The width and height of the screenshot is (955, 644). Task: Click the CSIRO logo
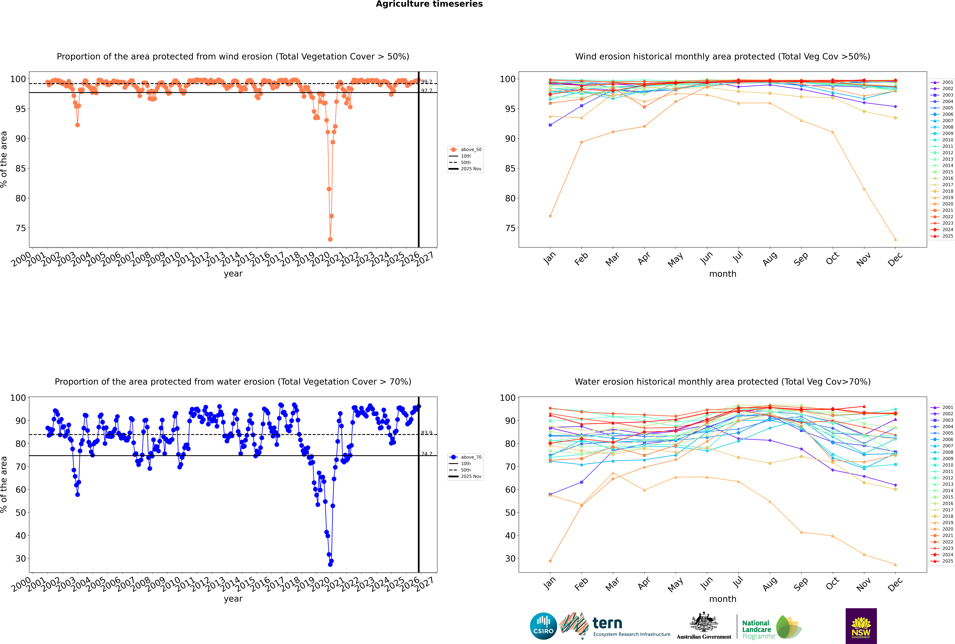coord(543,626)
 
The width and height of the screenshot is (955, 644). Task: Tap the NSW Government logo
coord(861,626)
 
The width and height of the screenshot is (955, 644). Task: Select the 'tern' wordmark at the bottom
coord(607,624)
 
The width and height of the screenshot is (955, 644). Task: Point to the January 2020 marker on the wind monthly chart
coord(550,216)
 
